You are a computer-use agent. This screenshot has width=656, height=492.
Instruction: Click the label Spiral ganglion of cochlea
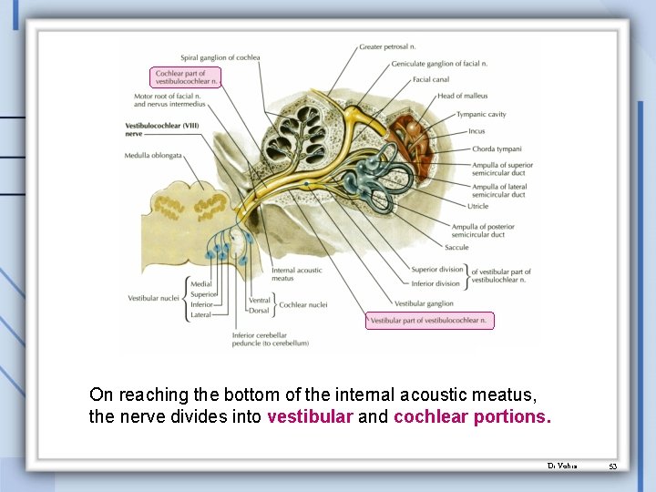pyautogui.click(x=220, y=57)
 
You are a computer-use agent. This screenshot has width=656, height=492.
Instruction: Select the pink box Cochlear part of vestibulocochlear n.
pyautogui.click(x=186, y=77)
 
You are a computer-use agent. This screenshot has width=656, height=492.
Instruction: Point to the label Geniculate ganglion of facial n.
pyautogui.click(x=439, y=64)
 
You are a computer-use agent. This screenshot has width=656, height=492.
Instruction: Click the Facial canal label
pyautogui.click(x=430, y=80)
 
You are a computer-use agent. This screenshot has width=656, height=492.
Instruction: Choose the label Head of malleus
pyautogui.click(x=462, y=97)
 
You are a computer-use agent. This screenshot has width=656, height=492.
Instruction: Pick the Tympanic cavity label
pyautogui.click(x=481, y=115)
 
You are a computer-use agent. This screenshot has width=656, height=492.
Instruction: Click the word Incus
pyautogui.click(x=477, y=131)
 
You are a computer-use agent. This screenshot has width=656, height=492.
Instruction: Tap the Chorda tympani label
pyautogui.click(x=497, y=149)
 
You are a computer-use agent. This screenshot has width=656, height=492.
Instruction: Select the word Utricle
pyautogui.click(x=478, y=206)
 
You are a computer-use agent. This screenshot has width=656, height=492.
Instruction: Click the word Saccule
pyautogui.click(x=457, y=247)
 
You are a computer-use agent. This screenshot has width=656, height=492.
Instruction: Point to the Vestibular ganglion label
pyautogui.click(x=424, y=303)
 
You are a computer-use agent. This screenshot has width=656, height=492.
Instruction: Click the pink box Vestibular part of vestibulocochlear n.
pyautogui.click(x=429, y=321)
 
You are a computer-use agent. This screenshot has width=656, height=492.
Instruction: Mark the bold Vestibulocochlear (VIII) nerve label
pyautogui.click(x=161, y=128)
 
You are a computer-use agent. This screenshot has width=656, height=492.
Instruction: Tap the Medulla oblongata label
pyautogui.click(x=153, y=155)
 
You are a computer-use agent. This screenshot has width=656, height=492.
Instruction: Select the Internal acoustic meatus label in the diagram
pyautogui.click(x=296, y=273)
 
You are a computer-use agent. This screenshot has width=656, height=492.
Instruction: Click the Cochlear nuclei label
pyautogui.click(x=303, y=305)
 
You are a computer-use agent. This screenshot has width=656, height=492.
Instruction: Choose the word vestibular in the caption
pyautogui.click(x=310, y=417)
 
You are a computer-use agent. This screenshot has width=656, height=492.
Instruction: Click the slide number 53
pyautogui.click(x=612, y=466)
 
